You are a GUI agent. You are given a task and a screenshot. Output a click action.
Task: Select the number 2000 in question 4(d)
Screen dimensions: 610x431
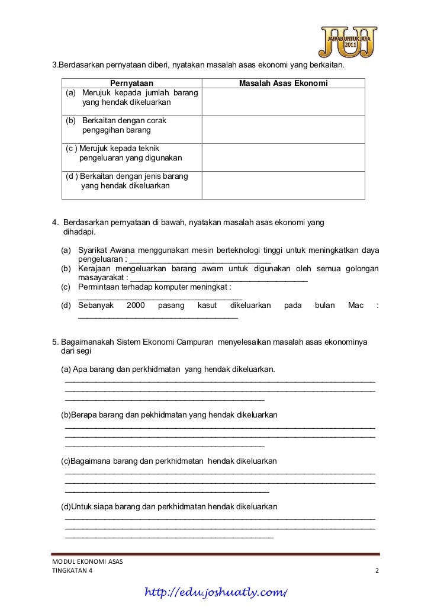(x=136, y=306)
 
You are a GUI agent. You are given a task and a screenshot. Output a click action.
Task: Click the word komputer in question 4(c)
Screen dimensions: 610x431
(x=175, y=287)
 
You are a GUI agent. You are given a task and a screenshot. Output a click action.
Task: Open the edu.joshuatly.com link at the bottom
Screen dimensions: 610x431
(x=217, y=593)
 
